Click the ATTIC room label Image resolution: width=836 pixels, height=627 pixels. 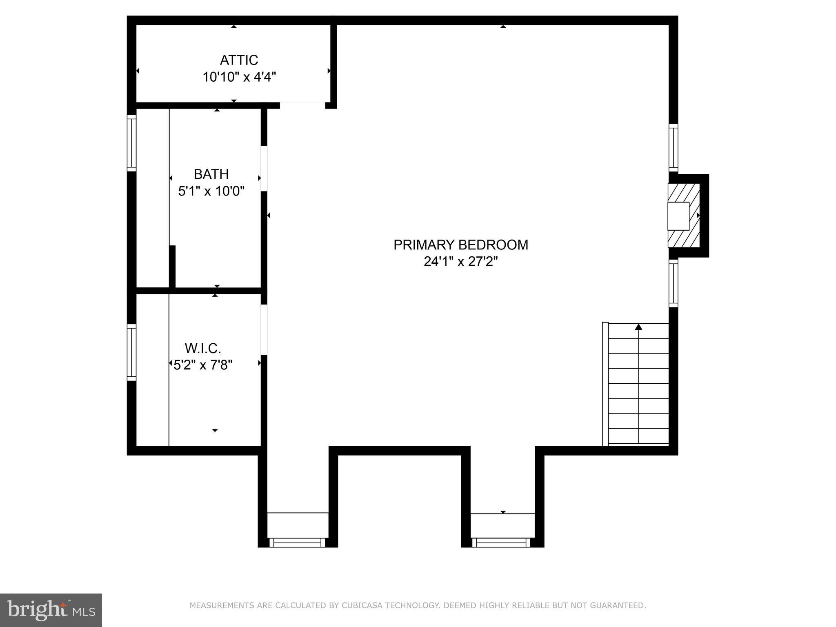pos(239,60)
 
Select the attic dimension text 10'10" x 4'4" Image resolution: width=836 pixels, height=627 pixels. pos(239,77)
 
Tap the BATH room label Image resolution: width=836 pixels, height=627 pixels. pos(211,174)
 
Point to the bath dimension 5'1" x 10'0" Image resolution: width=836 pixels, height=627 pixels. pos(211,191)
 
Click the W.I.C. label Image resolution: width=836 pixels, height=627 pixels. pos(203,348)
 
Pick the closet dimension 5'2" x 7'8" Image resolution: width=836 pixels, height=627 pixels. pos(203,365)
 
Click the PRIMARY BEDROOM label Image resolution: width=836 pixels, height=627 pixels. pos(460,245)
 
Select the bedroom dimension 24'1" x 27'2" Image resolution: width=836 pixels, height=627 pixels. pos(460,261)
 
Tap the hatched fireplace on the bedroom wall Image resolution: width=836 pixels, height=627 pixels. pos(684,215)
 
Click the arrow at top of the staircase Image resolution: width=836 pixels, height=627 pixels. pos(638,327)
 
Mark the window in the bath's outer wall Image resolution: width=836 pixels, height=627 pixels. pos(131,143)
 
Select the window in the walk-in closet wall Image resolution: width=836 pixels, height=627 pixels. pos(131,352)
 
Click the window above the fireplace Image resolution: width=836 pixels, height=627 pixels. pos(673,148)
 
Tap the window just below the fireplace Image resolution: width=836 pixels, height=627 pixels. pos(673,283)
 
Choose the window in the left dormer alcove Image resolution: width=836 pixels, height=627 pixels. pos(297,543)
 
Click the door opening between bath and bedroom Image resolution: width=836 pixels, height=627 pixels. pos(264,168)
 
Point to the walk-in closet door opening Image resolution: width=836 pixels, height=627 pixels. pos(264,329)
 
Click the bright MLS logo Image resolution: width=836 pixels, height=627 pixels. pos(51,610)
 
